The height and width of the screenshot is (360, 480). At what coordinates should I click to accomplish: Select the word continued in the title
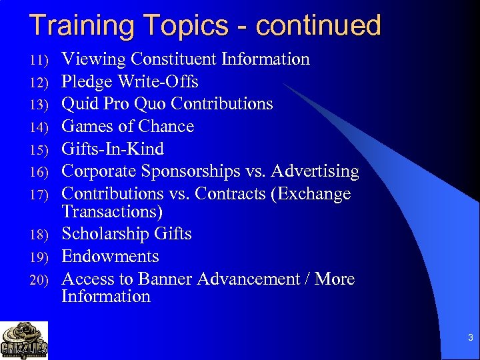tap(318, 25)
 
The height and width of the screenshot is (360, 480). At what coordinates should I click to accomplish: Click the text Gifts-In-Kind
tap(113, 149)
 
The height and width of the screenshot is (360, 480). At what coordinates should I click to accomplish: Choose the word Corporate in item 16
tap(99, 172)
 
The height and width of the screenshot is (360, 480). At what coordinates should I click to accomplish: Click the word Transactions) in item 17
tap(112, 212)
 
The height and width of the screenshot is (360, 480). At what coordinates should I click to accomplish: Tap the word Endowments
tap(110, 257)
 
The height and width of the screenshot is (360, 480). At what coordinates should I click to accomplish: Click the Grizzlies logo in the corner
tap(24, 340)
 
